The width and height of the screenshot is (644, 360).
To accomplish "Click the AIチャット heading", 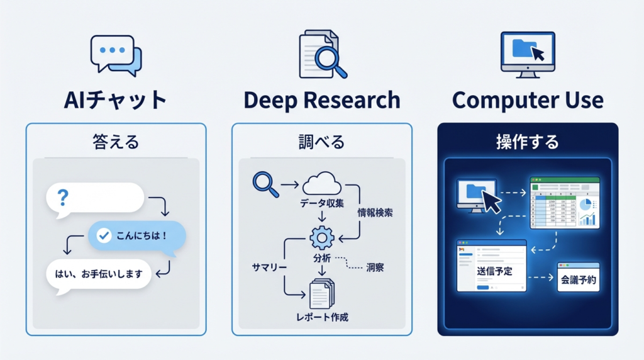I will (x=116, y=100).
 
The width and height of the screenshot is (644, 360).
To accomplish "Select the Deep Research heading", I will (x=321, y=100).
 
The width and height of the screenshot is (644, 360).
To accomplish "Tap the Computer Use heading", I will (x=528, y=100).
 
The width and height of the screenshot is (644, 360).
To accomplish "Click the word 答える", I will (x=116, y=142).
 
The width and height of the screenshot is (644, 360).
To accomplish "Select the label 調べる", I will (x=321, y=142).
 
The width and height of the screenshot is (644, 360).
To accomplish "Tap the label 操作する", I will (x=527, y=142).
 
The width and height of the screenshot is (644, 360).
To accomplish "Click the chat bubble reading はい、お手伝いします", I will (x=99, y=274).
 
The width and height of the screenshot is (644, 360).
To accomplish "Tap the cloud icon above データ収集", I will (x=321, y=183).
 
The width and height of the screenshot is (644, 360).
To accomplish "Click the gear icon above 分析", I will (x=321, y=238).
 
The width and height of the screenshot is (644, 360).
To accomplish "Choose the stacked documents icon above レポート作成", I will (x=322, y=293).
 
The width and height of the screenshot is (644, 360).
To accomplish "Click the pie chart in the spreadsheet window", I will (x=585, y=205).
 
